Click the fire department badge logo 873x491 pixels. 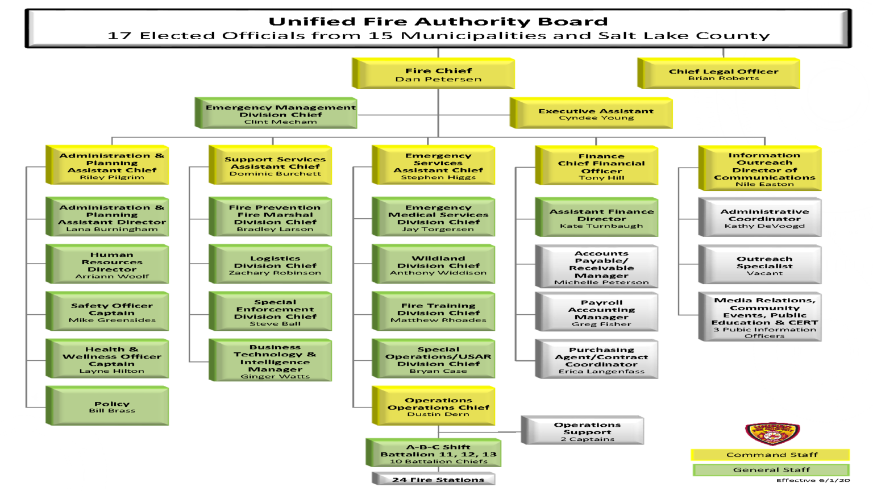tap(772, 434)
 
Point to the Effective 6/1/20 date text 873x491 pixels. tap(813, 480)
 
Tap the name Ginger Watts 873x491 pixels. tap(275, 376)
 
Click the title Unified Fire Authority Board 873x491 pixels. tap(438, 22)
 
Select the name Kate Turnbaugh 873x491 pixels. tap(601, 226)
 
